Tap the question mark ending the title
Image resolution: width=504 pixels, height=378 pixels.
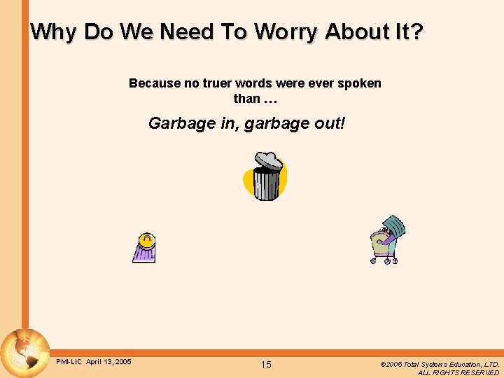417,31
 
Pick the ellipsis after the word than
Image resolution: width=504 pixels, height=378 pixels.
269,99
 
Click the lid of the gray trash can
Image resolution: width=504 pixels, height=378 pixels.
269,161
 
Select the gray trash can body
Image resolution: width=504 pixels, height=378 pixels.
266,184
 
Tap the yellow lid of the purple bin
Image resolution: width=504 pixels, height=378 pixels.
146,239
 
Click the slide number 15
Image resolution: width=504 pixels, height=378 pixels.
266,365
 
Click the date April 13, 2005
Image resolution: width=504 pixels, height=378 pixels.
108,362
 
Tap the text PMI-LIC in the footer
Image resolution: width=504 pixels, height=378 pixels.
69,362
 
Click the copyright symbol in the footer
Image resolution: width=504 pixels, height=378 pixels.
383,365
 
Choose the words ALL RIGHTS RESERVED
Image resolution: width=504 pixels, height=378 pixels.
458,373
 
